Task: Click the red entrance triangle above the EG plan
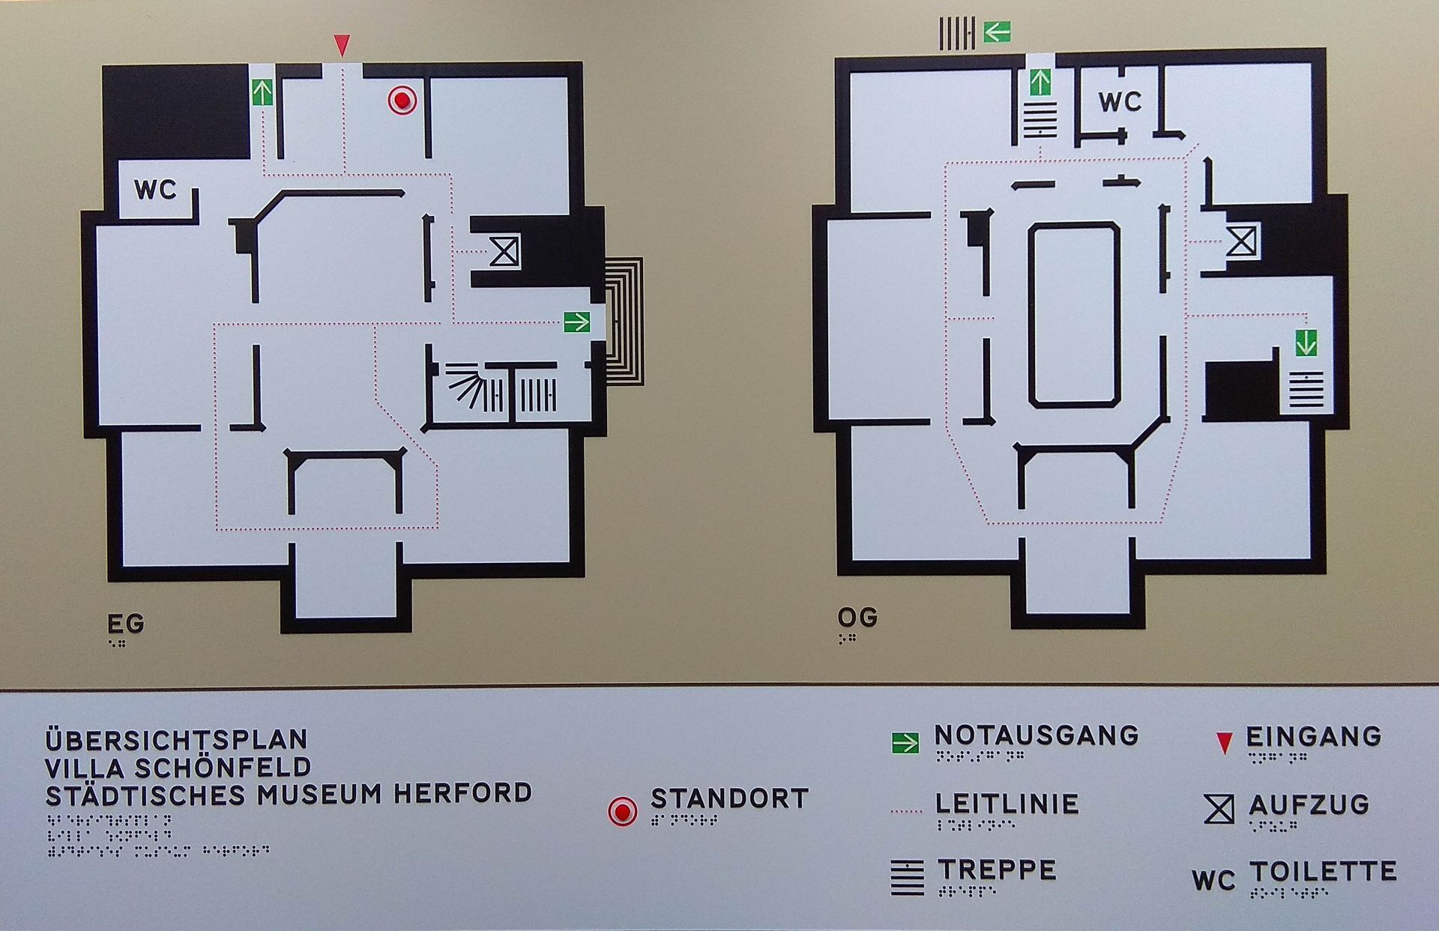[342, 45]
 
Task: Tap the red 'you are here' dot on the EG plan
[402, 100]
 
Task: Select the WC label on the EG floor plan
[156, 190]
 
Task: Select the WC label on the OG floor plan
[1120, 101]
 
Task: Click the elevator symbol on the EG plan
[504, 250]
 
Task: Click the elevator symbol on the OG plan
[1241, 241]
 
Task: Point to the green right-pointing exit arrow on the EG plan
[577, 322]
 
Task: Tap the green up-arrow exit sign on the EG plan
[262, 92]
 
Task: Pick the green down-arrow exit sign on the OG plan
[1306, 343]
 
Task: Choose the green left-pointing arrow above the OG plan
[997, 32]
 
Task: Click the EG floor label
[125, 624]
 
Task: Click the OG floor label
[857, 618]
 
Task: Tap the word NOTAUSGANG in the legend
[1037, 735]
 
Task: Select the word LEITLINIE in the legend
[1007, 804]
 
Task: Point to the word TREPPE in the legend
[997, 870]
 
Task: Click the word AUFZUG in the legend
[1309, 805]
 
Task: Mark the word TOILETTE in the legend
[1323, 871]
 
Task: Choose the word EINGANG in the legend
[1314, 736]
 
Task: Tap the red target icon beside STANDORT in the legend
[622, 811]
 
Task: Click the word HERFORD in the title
[463, 793]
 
